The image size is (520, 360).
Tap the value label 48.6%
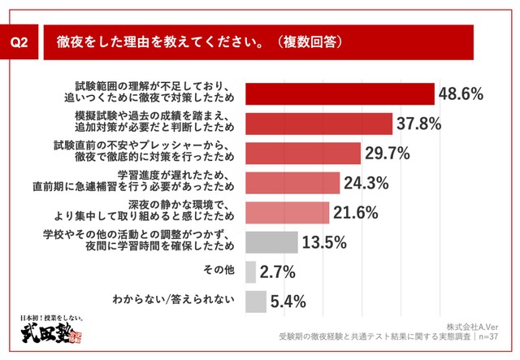[461, 94]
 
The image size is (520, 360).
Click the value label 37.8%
[419, 124]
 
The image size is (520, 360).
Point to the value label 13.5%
[324, 241]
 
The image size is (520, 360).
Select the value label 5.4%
[288, 301]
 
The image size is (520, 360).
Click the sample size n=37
[494, 335]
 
